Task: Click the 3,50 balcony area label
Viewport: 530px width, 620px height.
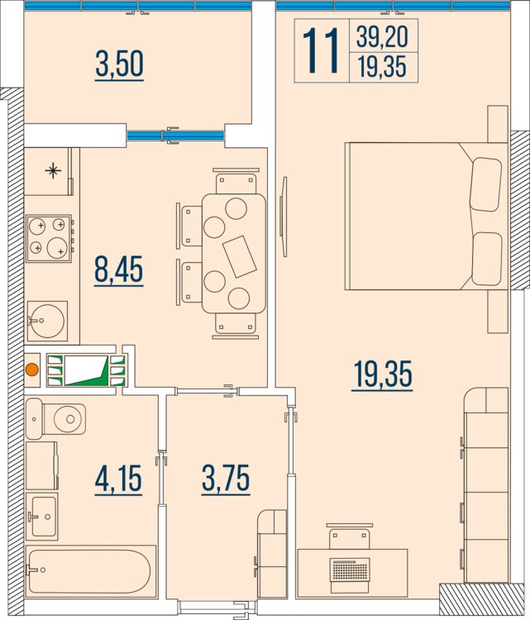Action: point(119,64)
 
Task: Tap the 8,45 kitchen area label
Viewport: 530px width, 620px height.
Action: point(119,270)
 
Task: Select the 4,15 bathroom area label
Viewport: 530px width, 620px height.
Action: point(118,479)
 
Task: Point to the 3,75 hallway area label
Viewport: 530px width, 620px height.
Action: point(226,479)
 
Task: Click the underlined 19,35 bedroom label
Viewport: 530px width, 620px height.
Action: point(383,374)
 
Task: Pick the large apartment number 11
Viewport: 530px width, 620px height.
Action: point(321,50)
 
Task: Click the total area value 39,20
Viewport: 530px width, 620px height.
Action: point(382,36)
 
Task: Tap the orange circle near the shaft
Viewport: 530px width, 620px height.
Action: point(31,370)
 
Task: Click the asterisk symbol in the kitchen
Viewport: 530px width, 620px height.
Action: point(53,171)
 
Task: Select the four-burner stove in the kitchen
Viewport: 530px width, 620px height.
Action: point(49,238)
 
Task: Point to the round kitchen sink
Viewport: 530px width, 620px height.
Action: point(47,321)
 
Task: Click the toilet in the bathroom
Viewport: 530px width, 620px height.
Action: point(55,419)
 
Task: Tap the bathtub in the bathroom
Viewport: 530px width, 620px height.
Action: point(91,570)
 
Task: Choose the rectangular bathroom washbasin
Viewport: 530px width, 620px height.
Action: point(42,516)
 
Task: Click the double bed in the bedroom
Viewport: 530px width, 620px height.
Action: point(427,217)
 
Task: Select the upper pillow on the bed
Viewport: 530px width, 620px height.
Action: point(485,184)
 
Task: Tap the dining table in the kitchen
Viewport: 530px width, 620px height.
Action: point(234,254)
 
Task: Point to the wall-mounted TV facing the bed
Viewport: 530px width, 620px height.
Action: point(284,217)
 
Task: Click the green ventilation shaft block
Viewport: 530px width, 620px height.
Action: point(86,370)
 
